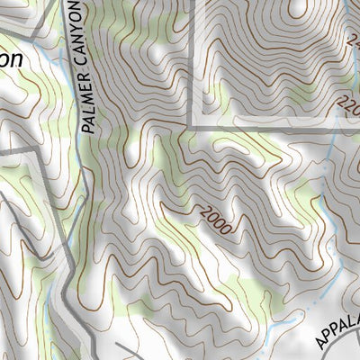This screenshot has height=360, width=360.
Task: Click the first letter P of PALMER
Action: pyautogui.click(x=87, y=128)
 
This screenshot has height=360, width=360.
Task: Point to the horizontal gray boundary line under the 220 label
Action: pyautogui.click(x=270, y=129)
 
